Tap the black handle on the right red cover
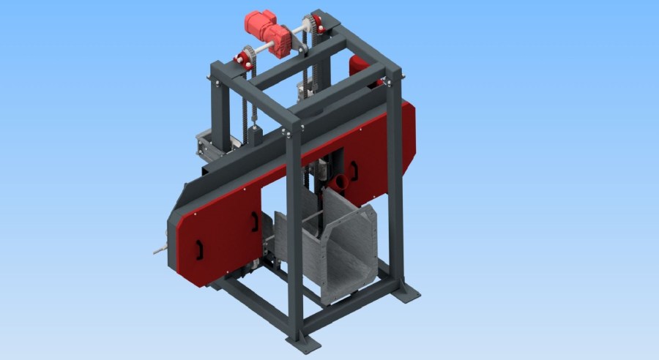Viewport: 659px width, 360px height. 354,171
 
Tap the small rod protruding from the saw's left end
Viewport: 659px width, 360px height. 160,250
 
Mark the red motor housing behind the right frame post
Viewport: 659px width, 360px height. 360,65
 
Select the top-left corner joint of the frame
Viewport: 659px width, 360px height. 217,73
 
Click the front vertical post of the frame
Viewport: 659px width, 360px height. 294,234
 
